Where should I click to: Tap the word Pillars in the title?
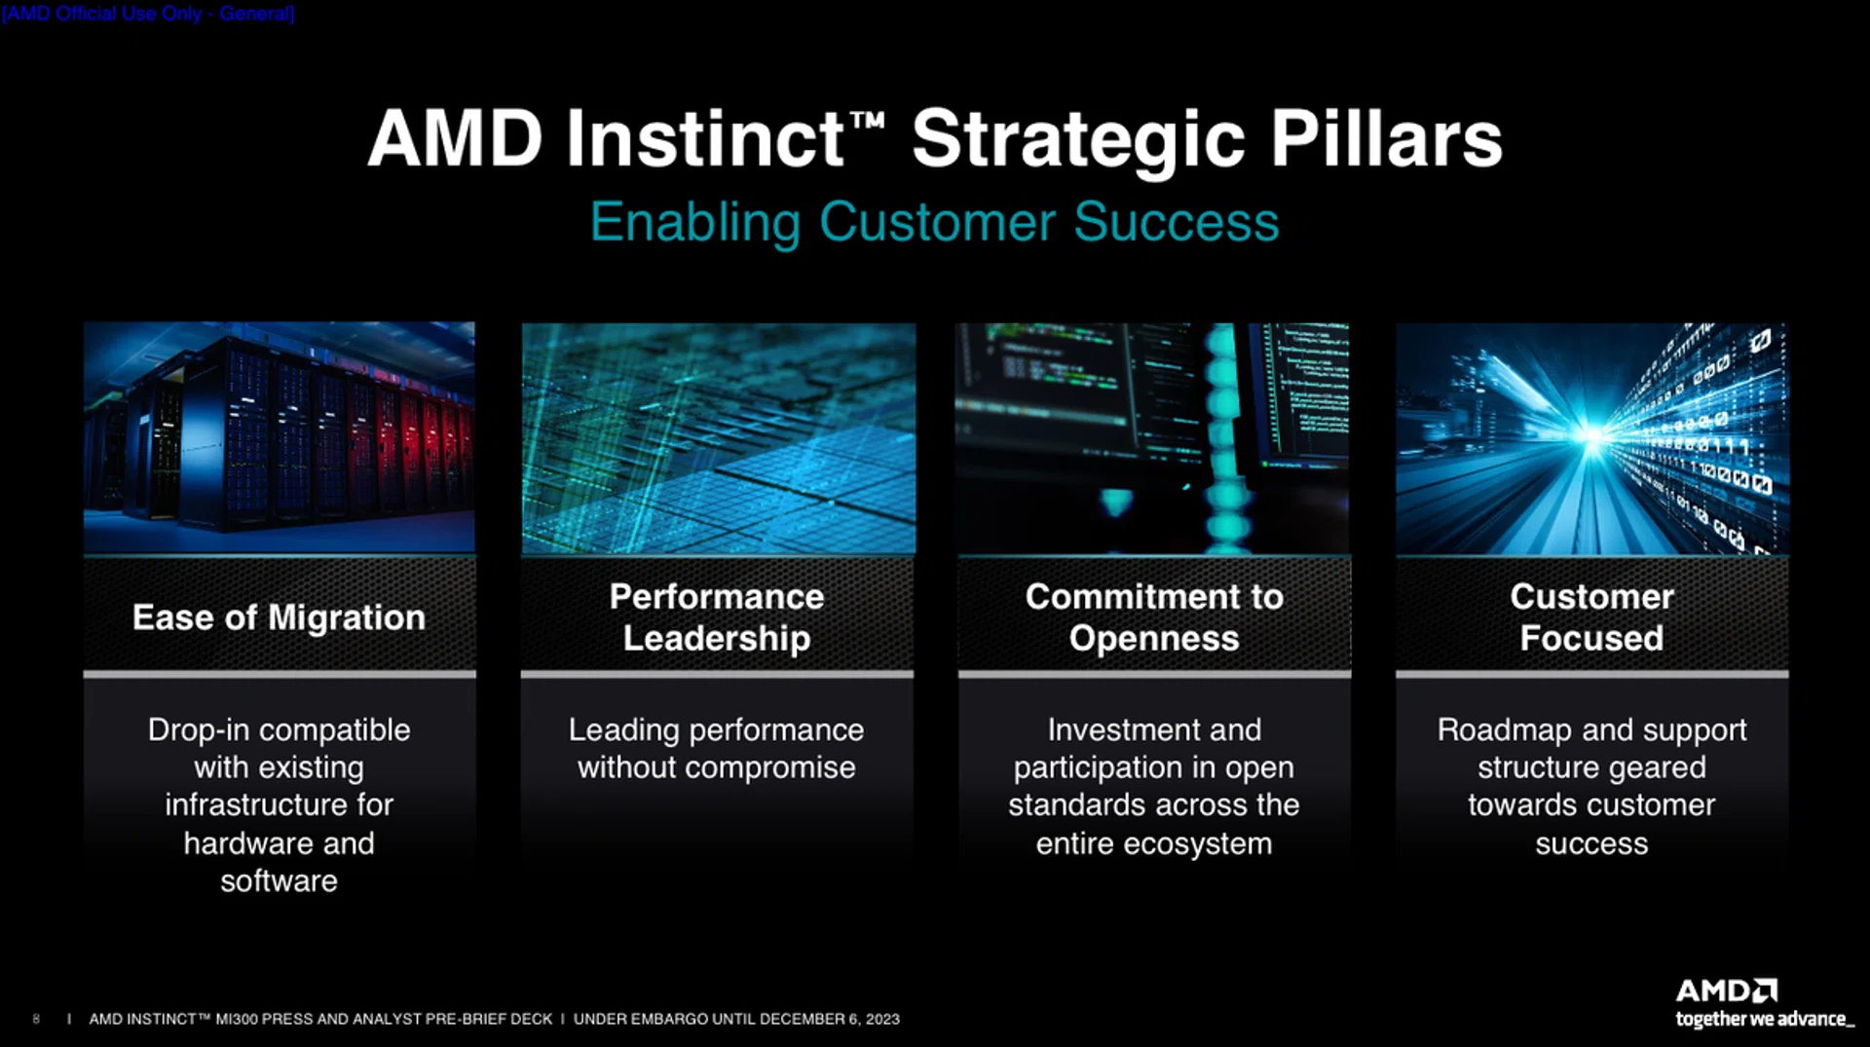click(1386, 138)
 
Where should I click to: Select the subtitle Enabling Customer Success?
click(934, 223)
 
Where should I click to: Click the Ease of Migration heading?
click(279, 617)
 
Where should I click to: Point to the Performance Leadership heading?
click(717, 617)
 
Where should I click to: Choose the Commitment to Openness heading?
click(1154, 617)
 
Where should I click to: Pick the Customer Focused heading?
click(1591, 617)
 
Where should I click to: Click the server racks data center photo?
click(280, 437)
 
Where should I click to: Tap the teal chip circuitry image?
click(719, 438)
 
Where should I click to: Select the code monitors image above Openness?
click(1152, 438)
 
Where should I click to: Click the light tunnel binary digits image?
click(1592, 438)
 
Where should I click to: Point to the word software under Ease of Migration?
click(279, 881)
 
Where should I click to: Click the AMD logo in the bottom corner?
click(1727, 991)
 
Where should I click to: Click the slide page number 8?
click(36, 1019)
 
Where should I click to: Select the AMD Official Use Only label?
click(148, 14)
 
